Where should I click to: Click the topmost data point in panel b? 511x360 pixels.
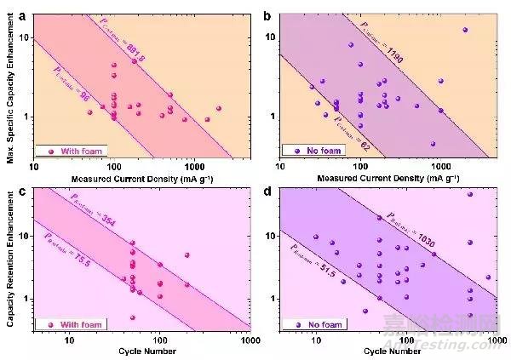[465, 30]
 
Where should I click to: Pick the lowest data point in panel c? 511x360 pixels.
[132, 317]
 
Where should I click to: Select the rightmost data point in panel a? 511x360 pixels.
[218, 108]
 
